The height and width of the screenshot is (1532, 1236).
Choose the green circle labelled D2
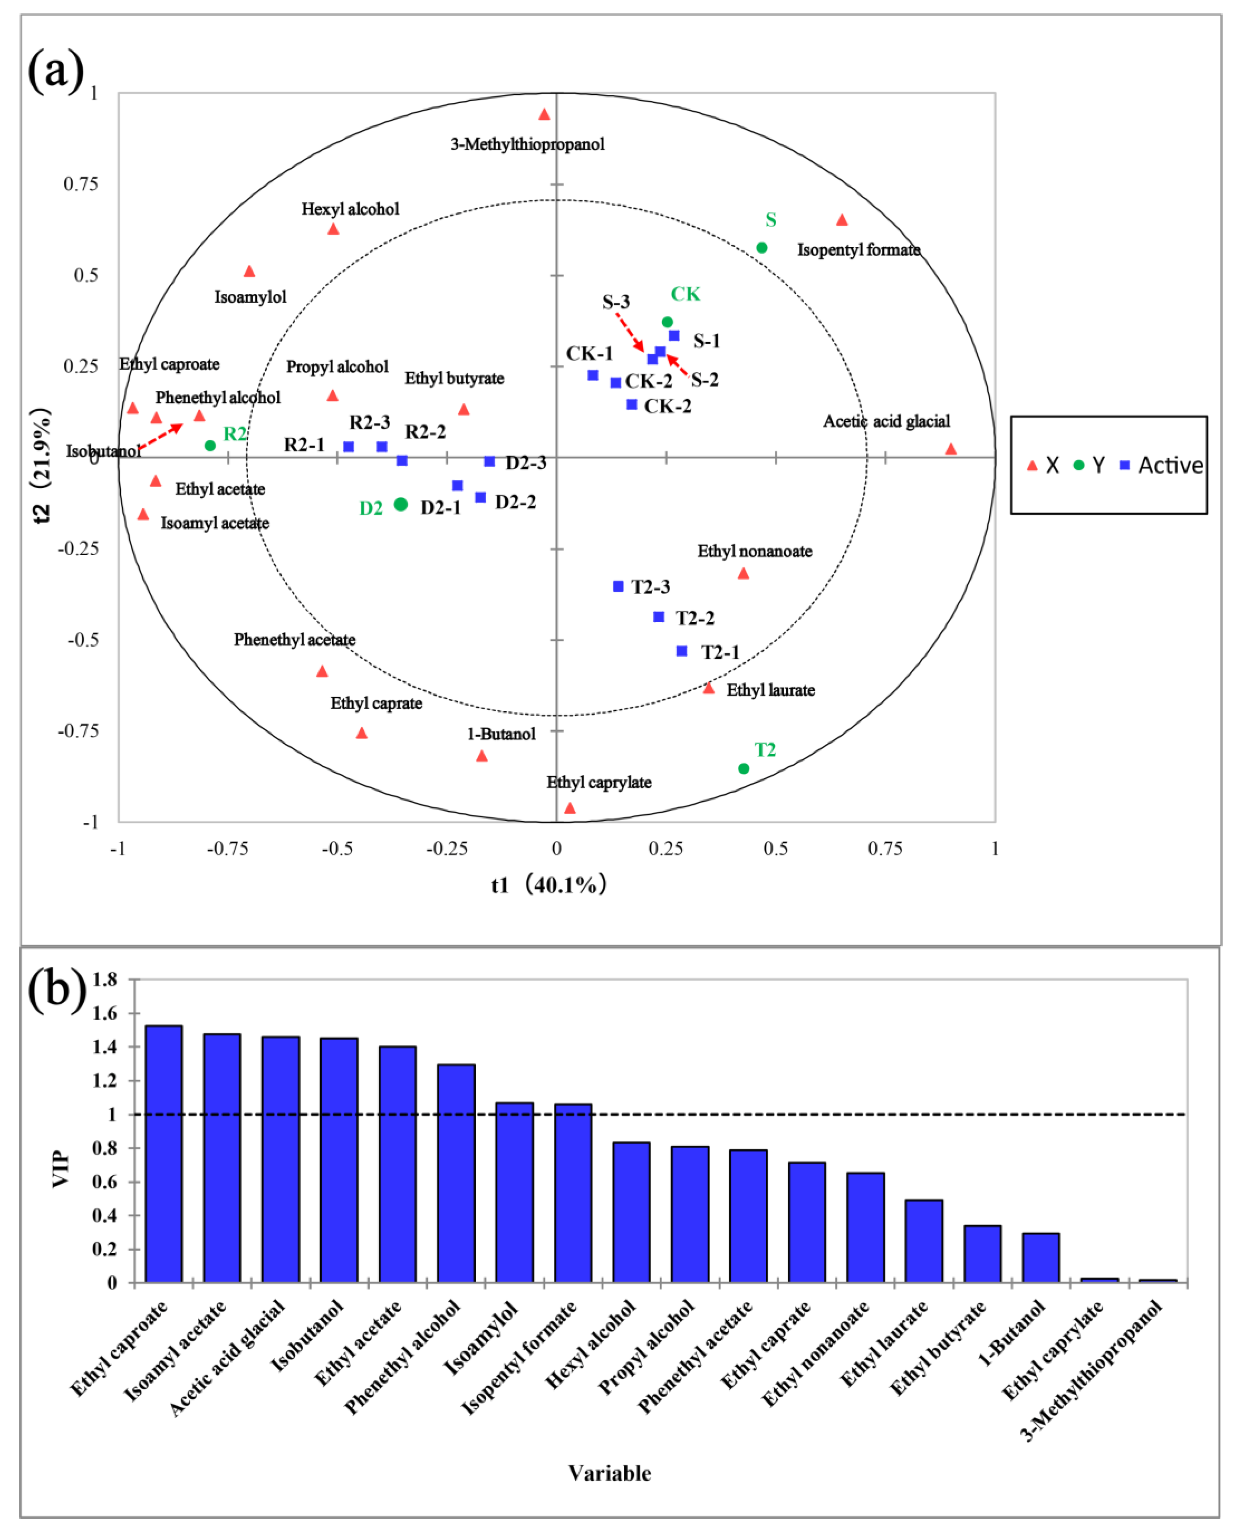[401, 504]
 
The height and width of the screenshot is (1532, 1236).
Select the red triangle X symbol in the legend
[1032, 466]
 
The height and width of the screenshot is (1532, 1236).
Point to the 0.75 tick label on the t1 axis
[885, 848]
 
